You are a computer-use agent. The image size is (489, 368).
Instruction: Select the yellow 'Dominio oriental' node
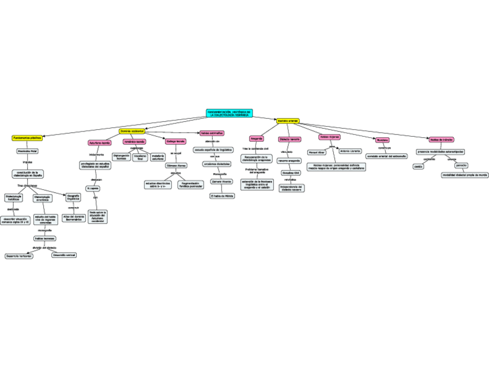[x=287, y=121]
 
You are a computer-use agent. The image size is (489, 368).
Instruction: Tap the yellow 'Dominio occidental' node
[x=131, y=132]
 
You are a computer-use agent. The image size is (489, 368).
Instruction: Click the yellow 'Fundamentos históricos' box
[x=27, y=138]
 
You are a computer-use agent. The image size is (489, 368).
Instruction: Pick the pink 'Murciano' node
[x=382, y=140]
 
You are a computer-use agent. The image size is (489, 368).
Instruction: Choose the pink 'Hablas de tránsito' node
[x=441, y=140]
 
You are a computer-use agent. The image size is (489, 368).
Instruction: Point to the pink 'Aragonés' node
[x=257, y=138]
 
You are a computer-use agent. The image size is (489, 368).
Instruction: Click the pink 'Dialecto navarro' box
[x=289, y=139]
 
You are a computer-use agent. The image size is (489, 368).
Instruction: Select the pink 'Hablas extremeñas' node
[x=212, y=133]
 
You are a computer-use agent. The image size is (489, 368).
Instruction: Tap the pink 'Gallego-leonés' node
[x=175, y=141]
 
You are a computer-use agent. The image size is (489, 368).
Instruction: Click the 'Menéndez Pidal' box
[x=27, y=151]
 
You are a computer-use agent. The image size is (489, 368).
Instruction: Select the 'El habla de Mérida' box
[x=221, y=196]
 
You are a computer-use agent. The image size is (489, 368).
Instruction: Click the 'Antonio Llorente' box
[x=350, y=151]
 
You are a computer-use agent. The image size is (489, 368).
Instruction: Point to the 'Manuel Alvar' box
[x=317, y=153]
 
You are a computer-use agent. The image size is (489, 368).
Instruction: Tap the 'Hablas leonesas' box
[x=44, y=238]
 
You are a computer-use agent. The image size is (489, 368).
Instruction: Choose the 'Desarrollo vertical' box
[x=64, y=254]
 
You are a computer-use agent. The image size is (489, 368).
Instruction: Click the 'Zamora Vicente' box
[x=221, y=181]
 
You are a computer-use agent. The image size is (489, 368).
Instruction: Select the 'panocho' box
[x=461, y=166]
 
